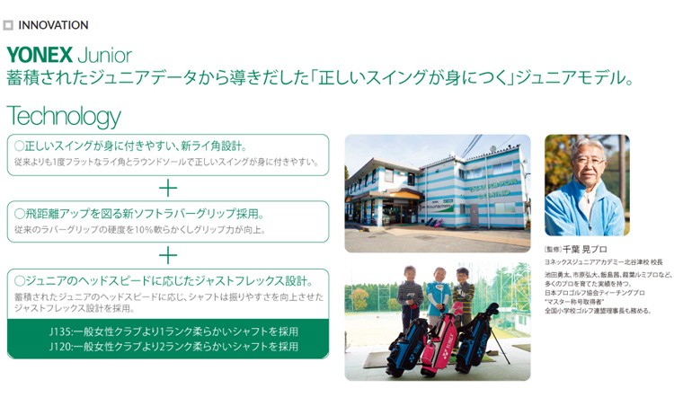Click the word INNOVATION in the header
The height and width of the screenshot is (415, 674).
click(x=53, y=25)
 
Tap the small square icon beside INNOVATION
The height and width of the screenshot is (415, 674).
click(x=9, y=25)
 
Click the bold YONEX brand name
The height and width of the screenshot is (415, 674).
click(x=39, y=56)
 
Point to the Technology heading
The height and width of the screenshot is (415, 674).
click(x=63, y=116)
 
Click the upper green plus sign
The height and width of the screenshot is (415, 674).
click(x=168, y=188)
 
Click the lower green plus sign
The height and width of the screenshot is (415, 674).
click(x=168, y=255)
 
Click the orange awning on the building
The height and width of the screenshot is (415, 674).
click(x=406, y=193)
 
